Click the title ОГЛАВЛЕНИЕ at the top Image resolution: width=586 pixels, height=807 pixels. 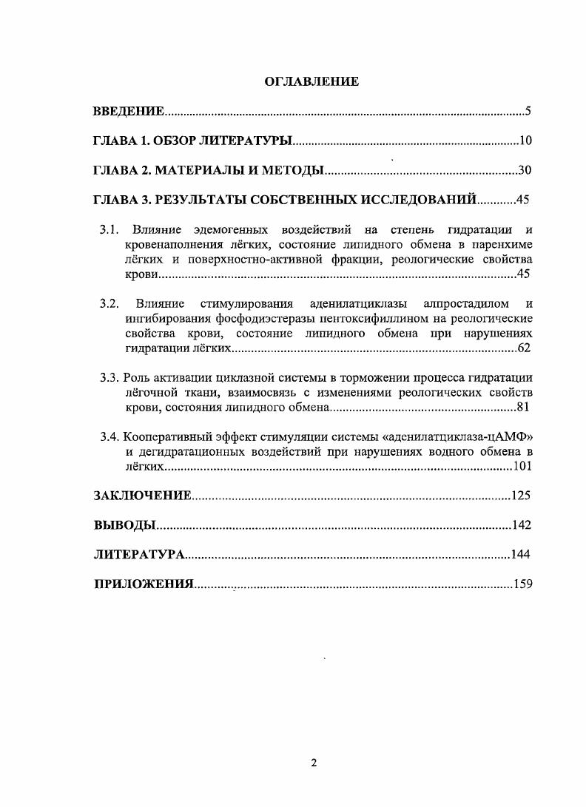[311, 82]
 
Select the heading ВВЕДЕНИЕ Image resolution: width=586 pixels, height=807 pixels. [127, 112]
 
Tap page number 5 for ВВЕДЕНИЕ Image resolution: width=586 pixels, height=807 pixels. [528, 112]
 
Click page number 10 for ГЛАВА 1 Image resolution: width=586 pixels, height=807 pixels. [525, 141]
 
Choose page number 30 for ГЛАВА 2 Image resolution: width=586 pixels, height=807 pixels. [525, 170]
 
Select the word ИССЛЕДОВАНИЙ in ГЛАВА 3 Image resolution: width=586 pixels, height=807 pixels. [414, 200]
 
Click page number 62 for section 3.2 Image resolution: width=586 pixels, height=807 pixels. [524, 348]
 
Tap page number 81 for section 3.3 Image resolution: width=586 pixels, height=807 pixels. [524, 407]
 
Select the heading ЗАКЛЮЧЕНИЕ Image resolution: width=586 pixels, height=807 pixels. [142, 496]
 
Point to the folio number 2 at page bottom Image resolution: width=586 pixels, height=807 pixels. [314, 763]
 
